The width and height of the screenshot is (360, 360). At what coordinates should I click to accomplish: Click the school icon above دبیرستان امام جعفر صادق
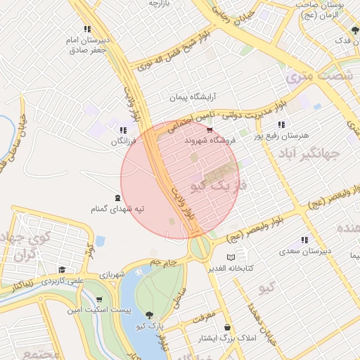point(86,30)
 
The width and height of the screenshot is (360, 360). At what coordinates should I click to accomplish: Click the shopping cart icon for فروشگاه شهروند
point(210,130)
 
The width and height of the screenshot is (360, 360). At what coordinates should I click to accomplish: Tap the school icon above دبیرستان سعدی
point(304,240)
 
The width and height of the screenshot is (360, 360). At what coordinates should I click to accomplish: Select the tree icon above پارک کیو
point(149,314)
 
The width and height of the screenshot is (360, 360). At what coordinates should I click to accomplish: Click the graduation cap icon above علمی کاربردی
point(62,269)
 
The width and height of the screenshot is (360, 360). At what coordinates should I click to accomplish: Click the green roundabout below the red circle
point(200,247)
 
